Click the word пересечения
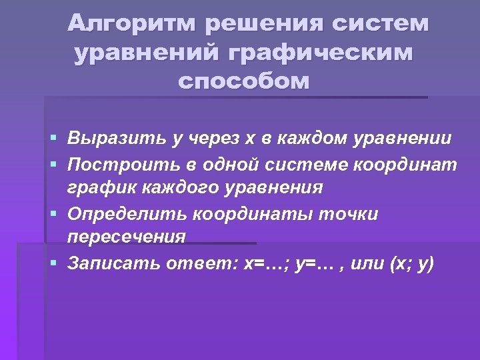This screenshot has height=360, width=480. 126,238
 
